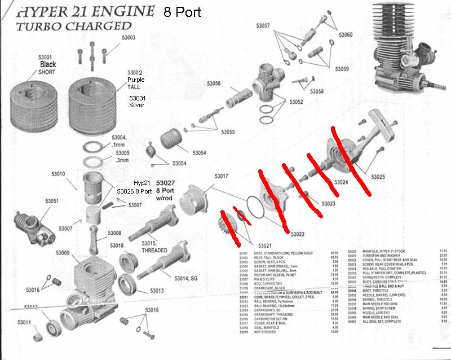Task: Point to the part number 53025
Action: coord(378,177)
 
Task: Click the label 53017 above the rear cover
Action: coord(221,176)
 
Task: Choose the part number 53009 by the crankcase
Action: coord(63,252)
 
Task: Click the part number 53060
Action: coord(346,34)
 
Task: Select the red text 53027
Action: coord(165,183)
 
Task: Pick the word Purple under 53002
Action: coord(136,80)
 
